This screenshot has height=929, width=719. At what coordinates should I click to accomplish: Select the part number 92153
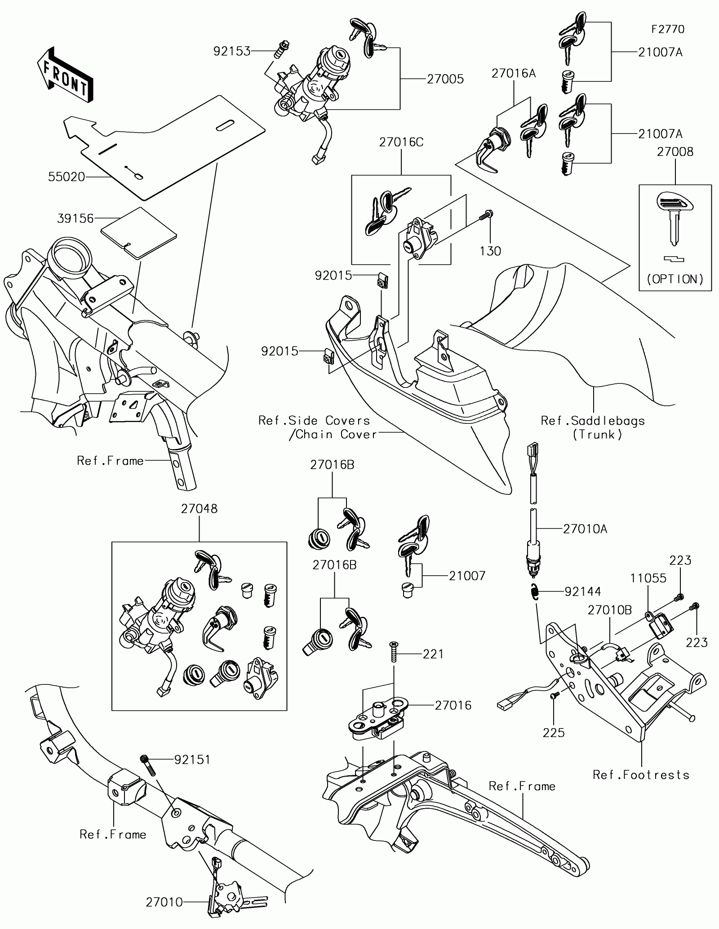click(231, 52)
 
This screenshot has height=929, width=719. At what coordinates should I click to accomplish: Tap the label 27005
click(445, 79)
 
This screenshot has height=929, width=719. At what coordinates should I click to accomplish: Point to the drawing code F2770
click(668, 29)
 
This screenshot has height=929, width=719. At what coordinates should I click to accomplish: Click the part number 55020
click(67, 177)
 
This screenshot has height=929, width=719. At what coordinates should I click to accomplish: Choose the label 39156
click(75, 218)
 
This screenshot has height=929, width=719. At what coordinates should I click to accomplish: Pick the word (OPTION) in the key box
click(675, 279)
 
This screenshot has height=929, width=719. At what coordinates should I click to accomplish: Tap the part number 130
click(490, 251)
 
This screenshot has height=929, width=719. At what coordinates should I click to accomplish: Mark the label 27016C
click(401, 142)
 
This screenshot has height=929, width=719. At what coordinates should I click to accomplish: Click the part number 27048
click(199, 508)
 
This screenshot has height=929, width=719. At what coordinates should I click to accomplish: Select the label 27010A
click(585, 529)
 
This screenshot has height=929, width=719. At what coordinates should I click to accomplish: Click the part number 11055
click(648, 578)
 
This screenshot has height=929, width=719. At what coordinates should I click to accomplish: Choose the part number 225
click(554, 733)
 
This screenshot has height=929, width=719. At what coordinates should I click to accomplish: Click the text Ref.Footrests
click(641, 775)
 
